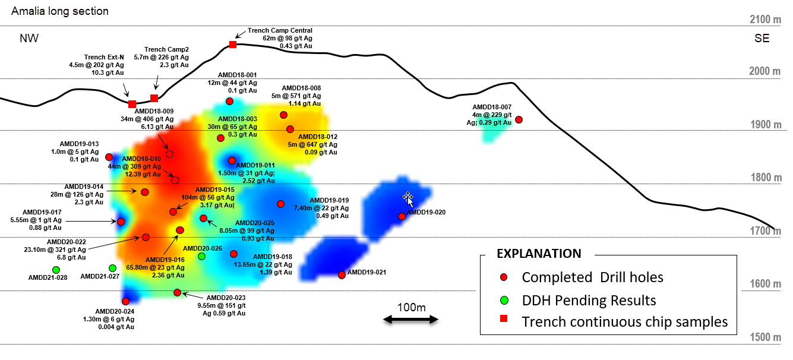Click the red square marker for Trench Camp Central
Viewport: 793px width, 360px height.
point(233,44)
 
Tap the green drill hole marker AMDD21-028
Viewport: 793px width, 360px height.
point(56,270)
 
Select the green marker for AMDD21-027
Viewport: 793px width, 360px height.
point(112,269)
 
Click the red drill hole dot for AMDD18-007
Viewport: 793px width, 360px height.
point(519,119)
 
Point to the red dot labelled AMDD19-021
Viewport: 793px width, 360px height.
point(342,275)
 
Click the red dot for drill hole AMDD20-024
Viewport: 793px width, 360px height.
point(126,301)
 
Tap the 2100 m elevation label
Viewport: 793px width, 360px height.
point(765,19)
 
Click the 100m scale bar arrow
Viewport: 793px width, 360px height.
point(410,320)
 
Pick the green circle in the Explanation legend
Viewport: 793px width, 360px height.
point(504,301)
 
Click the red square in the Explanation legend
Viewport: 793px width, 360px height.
point(503,318)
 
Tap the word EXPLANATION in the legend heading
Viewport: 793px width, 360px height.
point(539,254)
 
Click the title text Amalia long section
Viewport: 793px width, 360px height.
point(60,11)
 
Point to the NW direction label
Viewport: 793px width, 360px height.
point(29,38)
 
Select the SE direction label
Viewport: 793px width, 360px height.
point(762,38)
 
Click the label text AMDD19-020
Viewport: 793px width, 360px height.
point(426,212)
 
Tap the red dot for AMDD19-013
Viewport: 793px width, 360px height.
point(109,157)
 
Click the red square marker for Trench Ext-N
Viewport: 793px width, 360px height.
point(132,104)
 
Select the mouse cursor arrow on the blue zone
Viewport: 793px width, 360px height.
point(408,199)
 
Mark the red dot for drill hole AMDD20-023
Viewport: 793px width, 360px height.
point(178,293)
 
